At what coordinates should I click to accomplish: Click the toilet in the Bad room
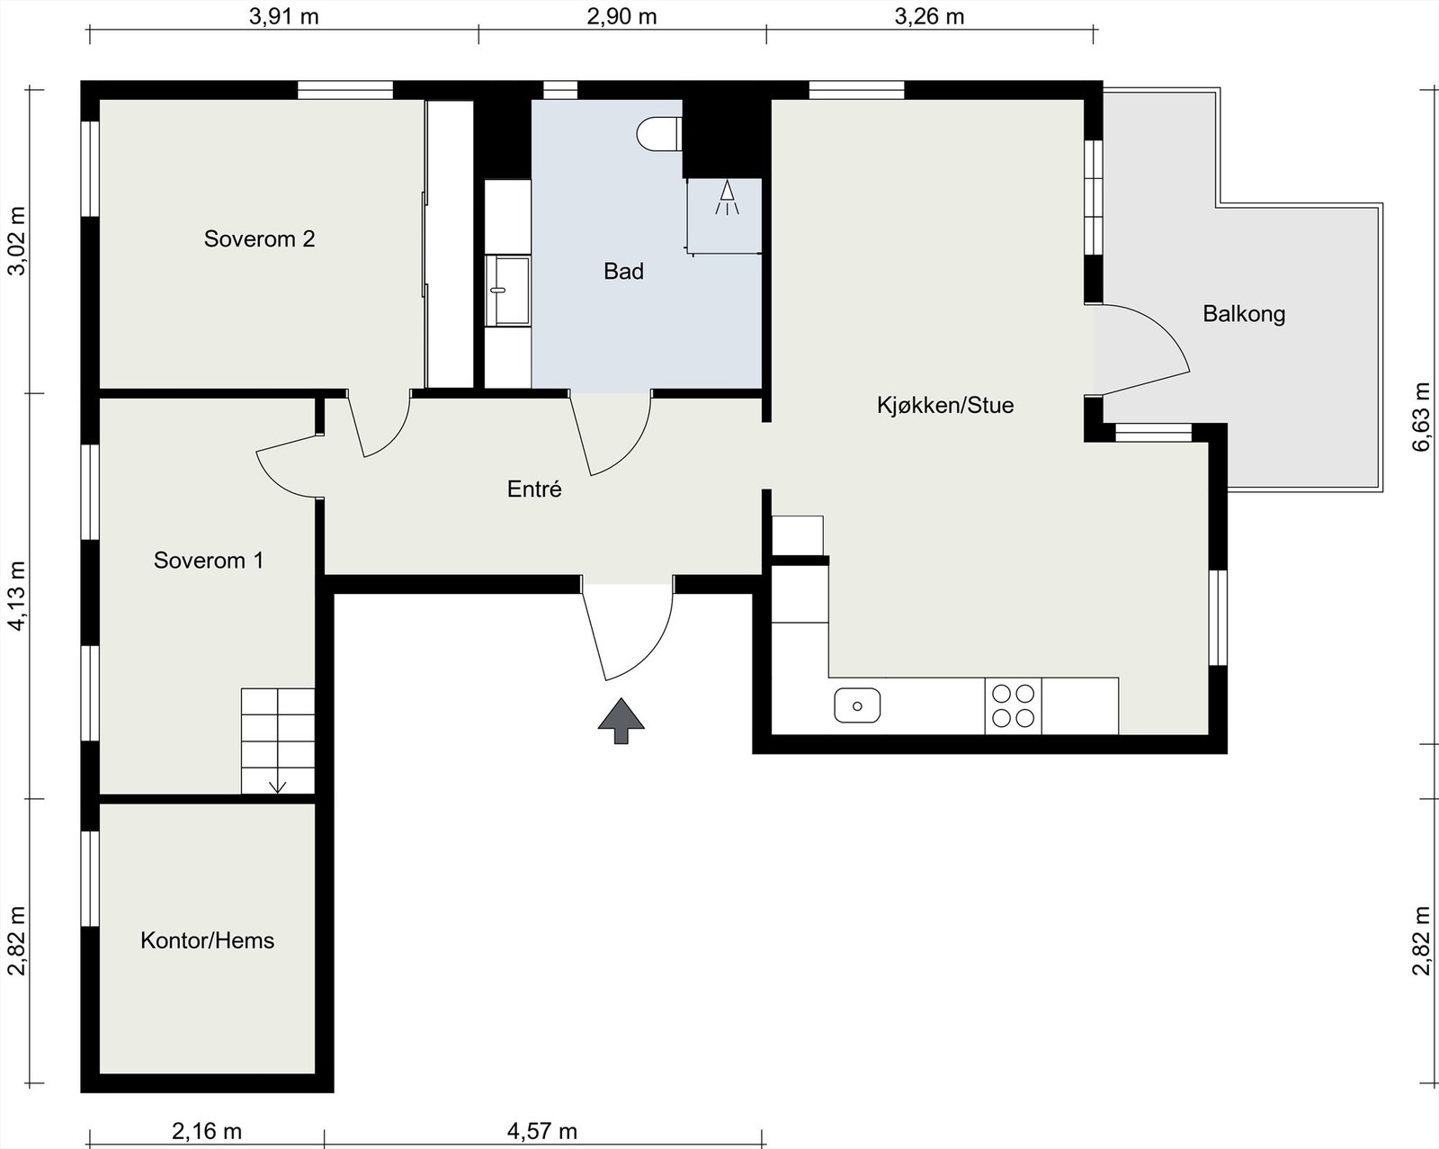coord(658,134)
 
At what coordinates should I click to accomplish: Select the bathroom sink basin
coord(507,291)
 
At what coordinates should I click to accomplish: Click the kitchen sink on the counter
coord(857,705)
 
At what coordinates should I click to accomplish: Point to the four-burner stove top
coord(1013,705)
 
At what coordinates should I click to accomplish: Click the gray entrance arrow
coord(621,721)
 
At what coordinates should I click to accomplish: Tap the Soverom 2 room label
coord(259,239)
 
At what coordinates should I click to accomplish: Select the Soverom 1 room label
coord(209,561)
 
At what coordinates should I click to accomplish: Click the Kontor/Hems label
coord(207,940)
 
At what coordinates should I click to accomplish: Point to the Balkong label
coord(1244,314)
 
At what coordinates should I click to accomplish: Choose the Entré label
coord(534,489)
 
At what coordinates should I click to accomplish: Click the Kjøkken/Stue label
coord(945,405)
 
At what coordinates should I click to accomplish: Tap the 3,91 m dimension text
coord(283,16)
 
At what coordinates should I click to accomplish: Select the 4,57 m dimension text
coord(541,1131)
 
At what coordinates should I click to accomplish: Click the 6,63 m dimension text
coord(1422,417)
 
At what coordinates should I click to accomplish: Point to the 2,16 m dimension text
coord(207,1131)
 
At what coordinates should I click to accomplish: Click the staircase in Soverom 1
coord(278,741)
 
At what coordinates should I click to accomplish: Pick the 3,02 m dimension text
coord(16,241)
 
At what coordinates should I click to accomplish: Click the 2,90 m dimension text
coord(621,16)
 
